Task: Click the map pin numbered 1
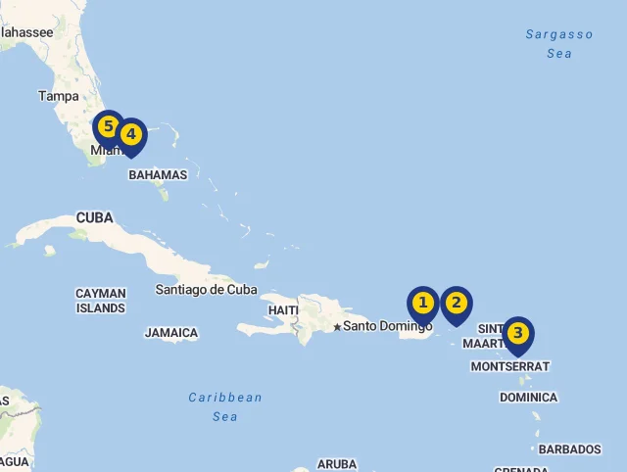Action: [422, 304]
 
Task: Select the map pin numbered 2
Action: [456, 304]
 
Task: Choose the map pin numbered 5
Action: [109, 127]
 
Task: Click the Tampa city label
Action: [59, 96]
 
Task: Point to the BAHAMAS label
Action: [158, 175]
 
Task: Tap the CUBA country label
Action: [94, 217]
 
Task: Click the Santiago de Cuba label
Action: [206, 289]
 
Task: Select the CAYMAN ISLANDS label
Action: [101, 301]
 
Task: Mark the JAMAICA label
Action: [171, 333]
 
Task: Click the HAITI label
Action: [283, 310]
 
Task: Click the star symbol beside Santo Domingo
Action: [337, 327]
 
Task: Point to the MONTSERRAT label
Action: [510, 366]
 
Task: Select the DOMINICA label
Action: [528, 398]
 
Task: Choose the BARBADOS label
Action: [569, 449]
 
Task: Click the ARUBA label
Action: [337, 464]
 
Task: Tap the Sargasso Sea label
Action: [559, 44]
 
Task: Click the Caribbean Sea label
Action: [225, 406]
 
